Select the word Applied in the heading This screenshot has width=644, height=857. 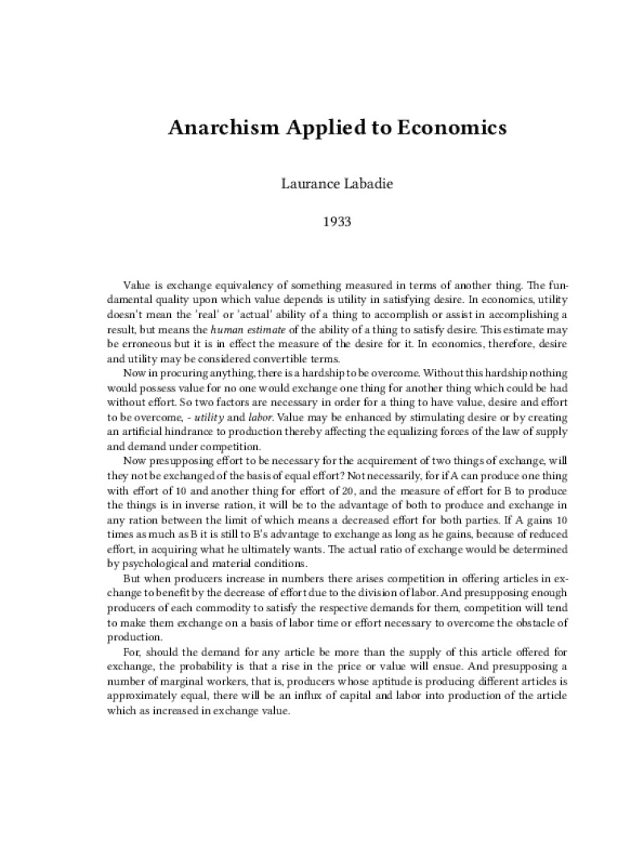[x=319, y=128]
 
